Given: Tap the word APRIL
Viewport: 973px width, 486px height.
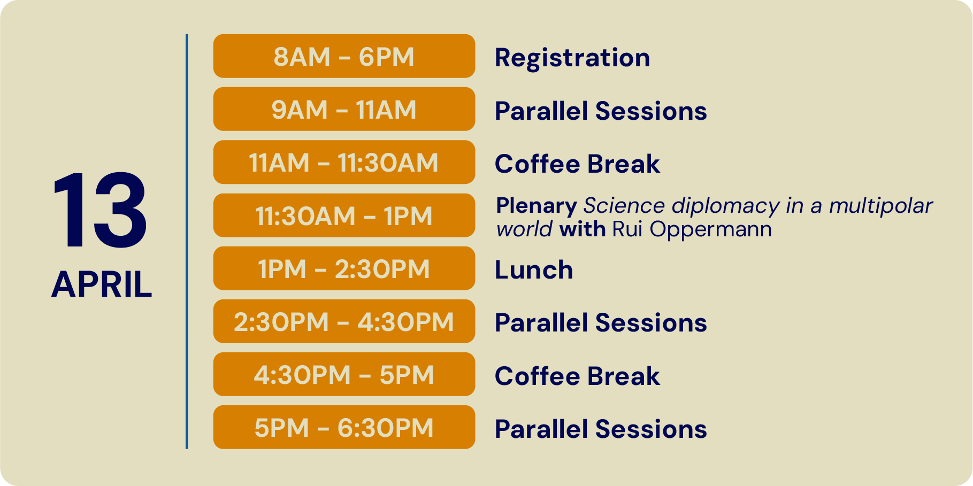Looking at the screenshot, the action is pos(102,284).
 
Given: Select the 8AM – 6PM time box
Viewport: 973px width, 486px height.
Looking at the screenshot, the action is pos(344,56).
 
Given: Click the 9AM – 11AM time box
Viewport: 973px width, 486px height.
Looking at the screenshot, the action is pos(344,109).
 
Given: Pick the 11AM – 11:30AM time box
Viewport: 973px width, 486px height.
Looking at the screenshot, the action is pos(344,162).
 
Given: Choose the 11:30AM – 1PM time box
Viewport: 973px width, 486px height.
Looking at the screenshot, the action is pos(344,215).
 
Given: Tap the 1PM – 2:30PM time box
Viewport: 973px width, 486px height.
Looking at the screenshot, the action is pos(344,268).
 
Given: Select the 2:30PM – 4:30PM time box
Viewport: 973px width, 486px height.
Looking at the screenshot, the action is pos(344,321).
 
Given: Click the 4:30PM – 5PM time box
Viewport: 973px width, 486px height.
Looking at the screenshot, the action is pos(344,374).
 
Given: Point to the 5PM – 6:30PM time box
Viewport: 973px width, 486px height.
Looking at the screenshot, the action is pos(344,427).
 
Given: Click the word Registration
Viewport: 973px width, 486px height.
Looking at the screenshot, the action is pos(572,58).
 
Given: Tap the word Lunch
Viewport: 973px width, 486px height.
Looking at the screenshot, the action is pos(534,269).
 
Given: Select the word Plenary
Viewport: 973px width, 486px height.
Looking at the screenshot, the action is pos(537,206).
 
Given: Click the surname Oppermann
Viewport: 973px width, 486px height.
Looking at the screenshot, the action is pos(711,230).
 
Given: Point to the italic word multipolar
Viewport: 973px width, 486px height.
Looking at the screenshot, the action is pos(881,206).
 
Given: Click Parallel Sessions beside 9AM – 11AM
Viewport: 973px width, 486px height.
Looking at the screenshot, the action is pos(601,111).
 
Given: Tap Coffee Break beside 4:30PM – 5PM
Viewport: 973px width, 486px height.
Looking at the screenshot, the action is pos(577,376).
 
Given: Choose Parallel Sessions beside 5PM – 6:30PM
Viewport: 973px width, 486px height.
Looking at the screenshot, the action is pos(601,429).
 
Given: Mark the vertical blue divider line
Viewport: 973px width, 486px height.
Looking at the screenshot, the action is pos(187,242).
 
